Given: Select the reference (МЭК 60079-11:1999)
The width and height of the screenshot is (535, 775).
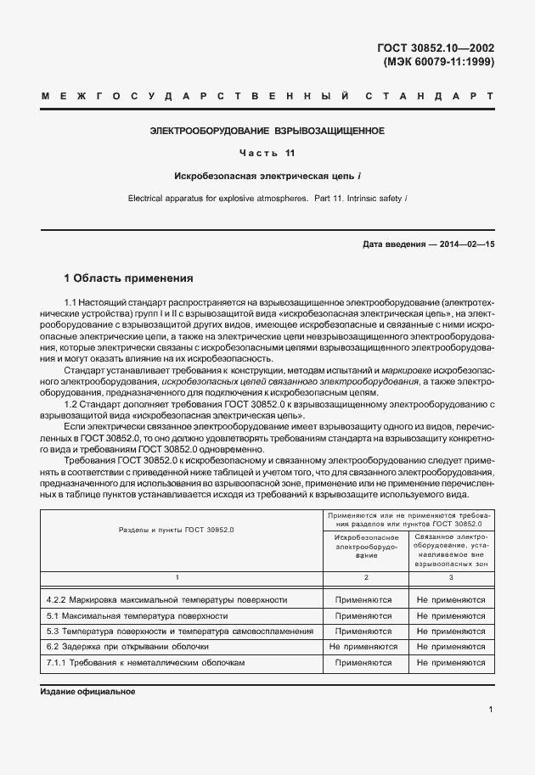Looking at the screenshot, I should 439,62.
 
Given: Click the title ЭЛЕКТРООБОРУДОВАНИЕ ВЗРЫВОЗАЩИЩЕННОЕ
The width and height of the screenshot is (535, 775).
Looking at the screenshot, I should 267,132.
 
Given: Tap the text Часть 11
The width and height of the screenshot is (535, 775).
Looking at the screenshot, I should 267,154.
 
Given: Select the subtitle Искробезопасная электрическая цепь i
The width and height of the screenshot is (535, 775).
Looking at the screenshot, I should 267,176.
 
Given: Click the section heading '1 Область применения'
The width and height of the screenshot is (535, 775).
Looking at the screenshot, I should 129,278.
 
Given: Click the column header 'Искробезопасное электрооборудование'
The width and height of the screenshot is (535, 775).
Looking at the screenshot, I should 366,548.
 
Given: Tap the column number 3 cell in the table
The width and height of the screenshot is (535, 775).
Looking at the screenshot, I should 451,577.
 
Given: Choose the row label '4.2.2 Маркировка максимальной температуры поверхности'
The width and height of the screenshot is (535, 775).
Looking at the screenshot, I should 166,600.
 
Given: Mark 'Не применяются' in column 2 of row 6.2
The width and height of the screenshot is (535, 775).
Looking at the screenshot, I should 366,646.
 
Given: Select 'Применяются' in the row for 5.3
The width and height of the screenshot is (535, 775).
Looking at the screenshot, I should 366,631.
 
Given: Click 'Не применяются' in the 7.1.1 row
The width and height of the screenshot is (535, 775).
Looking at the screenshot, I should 451,661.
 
